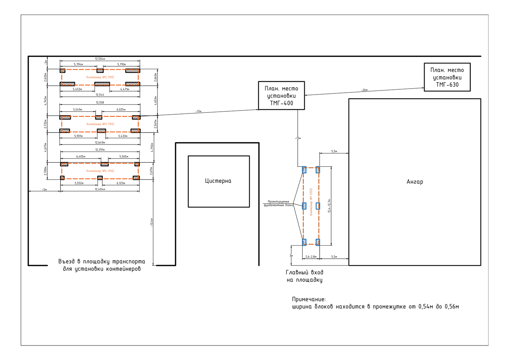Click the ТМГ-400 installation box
pyautogui.click(x=281, y=96)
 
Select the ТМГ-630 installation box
pyautogui.click(x=447, y=77)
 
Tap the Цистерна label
pyautogui.click(x=218, y=181)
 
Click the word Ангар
pyautogui.click(x=414, y=182)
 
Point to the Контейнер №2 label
pyautogui.click(x=100, y=77)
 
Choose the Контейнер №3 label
pyautogui.click(x=100, y=124)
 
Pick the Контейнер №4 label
pyautogui.click(x=100, y=171)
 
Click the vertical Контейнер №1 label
pyautogui.click(x=311, y=201)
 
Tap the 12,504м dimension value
pyautogui.click(x=100, y=59)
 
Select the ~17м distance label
pyautogui.click(x=198, y=111)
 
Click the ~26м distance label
pyautogui.click(x=364, y=90)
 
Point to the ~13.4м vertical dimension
pyautogui.click(x=151, y=222)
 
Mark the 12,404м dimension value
pyautogui.click(x=100, y=189)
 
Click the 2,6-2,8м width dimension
pyautogui.click(x=311, y=257)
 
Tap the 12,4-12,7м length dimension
pyautogui.click(x=329, y=206)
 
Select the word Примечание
pyautogui.click(x=308, y=299)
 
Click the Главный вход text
pyautogui.click(x=304, y=273)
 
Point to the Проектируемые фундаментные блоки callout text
pyautogui.click(x=278, y=203)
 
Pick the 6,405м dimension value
pyautogui.click(x=81, y=156)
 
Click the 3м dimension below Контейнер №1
pyautogui.click(x=291, y=256)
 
